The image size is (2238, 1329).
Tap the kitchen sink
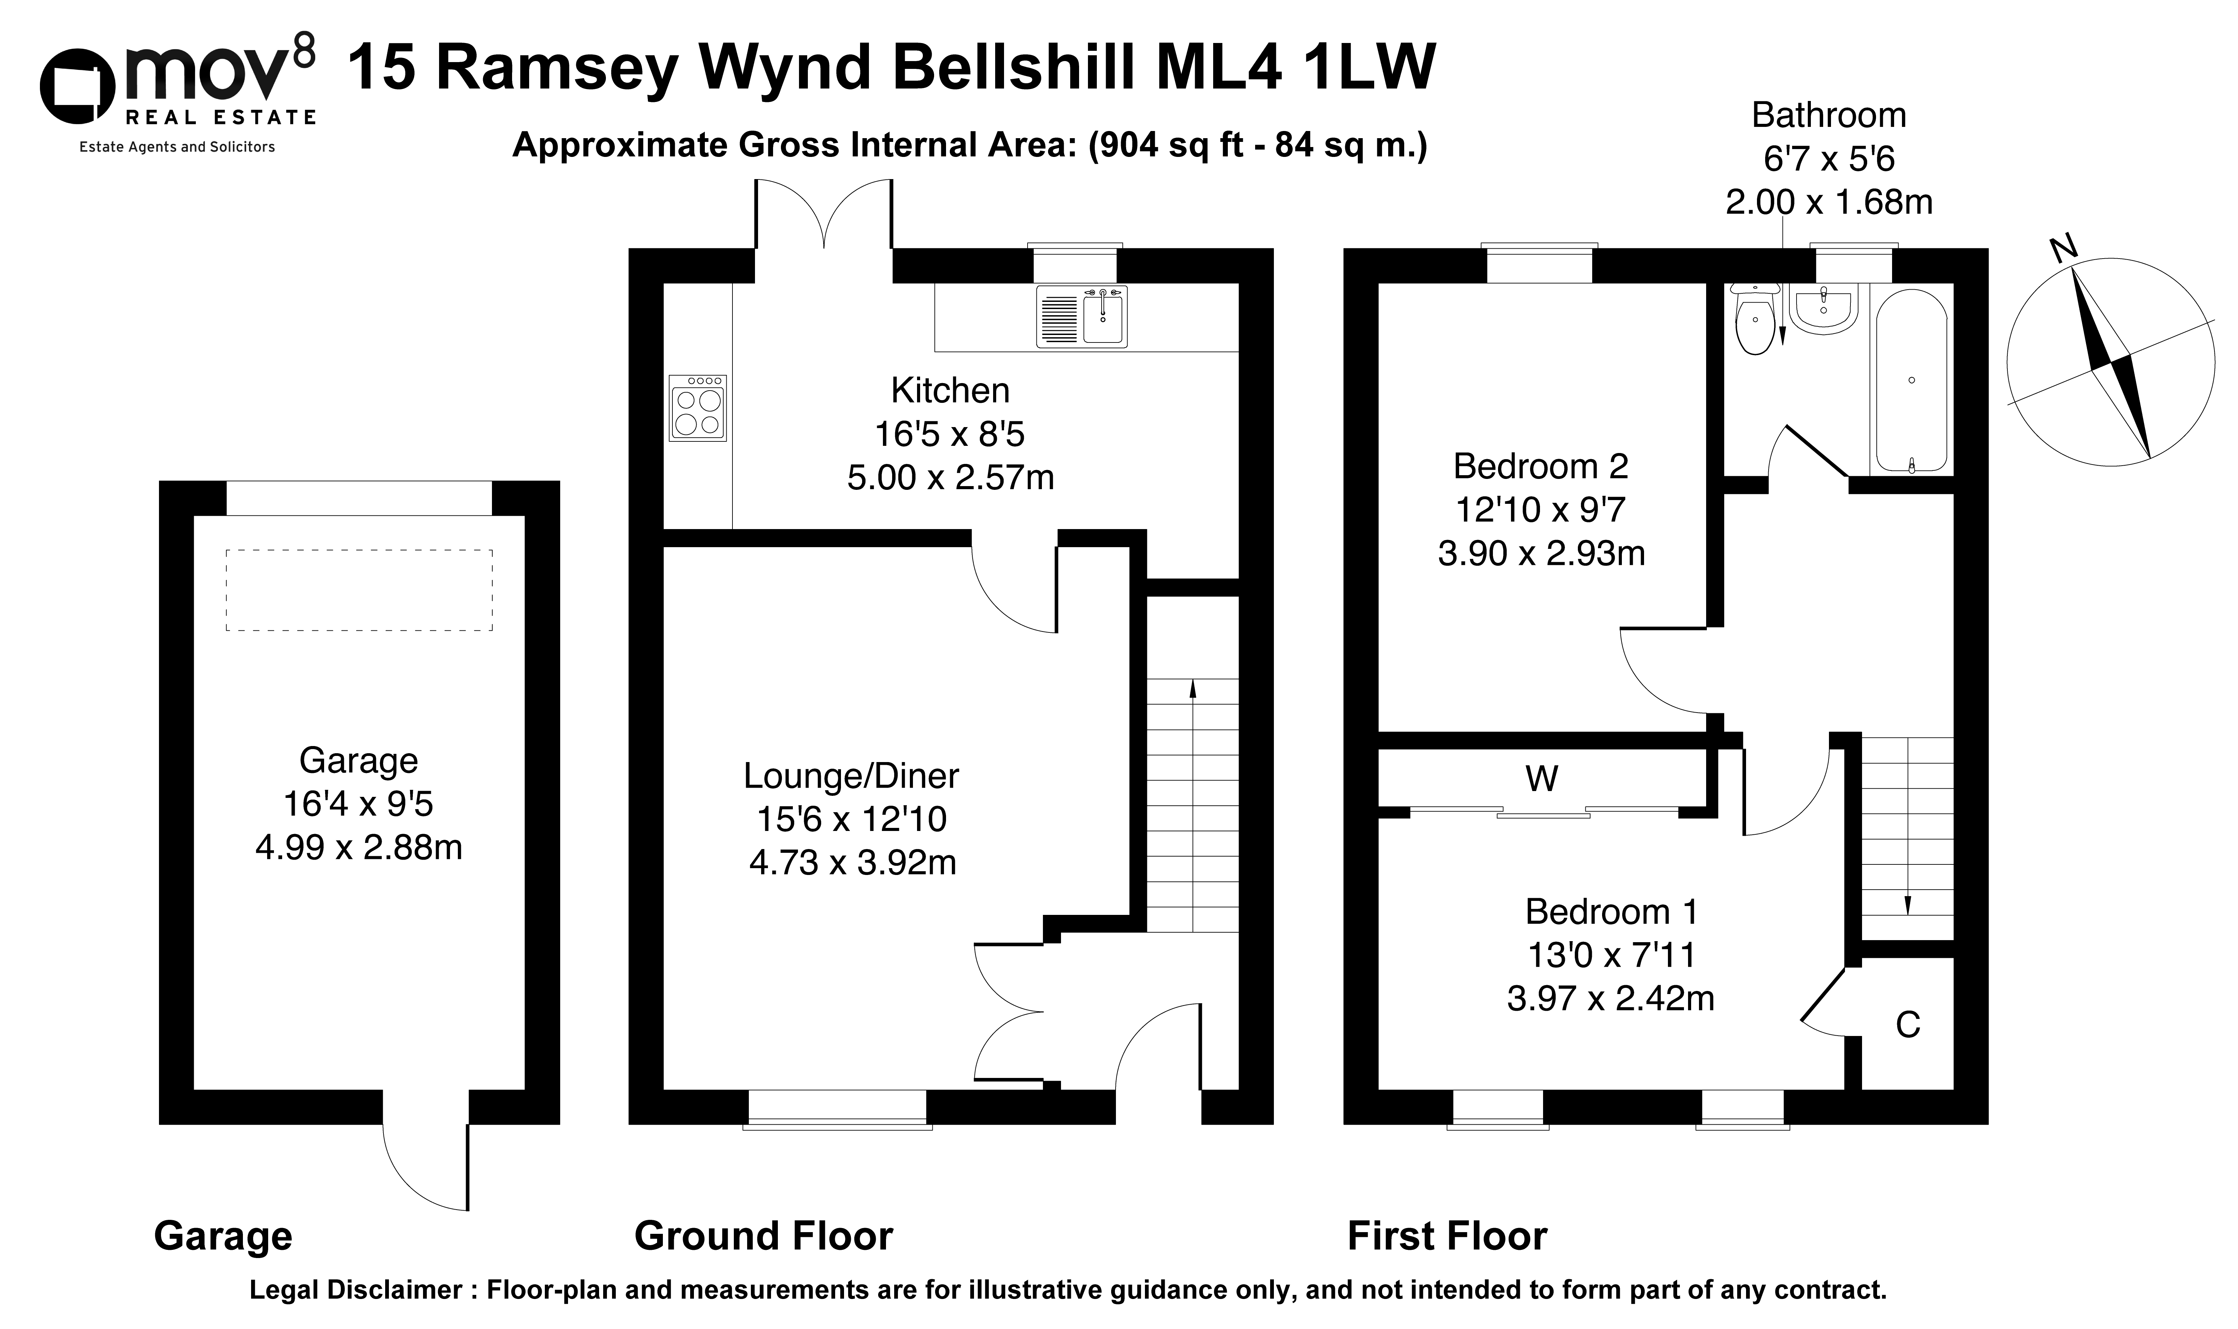tap(1081, 316)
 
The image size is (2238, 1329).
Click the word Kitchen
tap(950, 391)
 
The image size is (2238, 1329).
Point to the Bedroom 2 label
tap(1540, 466)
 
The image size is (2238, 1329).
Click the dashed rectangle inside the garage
tap(359, 590)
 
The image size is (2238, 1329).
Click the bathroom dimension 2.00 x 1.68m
tap(1829, 202)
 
